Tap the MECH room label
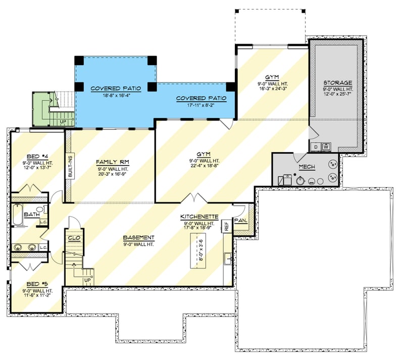[307, 166]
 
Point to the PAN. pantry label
[241, 220]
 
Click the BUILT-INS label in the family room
[71, 166]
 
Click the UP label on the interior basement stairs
[86, 280]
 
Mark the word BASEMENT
[139, 238]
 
